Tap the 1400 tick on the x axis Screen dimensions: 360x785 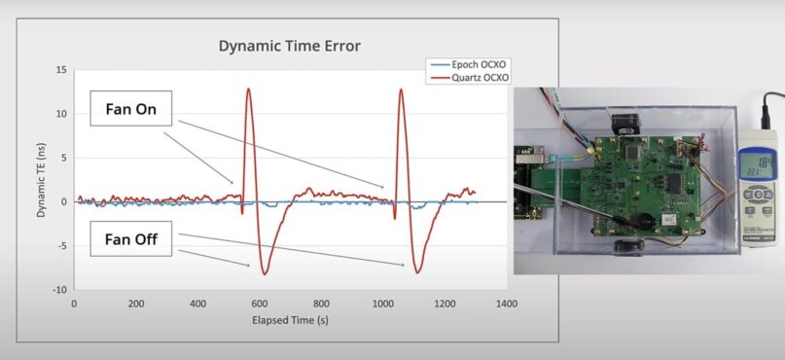pos(506,304)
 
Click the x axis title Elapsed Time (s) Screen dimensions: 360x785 pos(290,319)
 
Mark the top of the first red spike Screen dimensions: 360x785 pos(249,89)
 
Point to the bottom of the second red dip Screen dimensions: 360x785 pos(416,272)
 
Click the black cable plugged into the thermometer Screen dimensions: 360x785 pos(769,112)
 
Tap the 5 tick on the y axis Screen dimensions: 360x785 pos(63,158)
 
